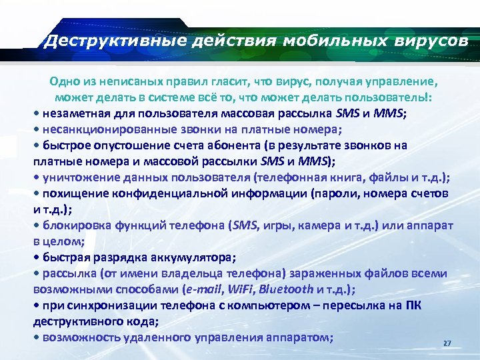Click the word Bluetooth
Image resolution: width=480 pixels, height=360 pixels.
(x=285, y=289)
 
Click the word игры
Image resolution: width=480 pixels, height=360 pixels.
(x=269, y=225)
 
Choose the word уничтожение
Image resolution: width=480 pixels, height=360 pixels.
(x=77, y=177)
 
